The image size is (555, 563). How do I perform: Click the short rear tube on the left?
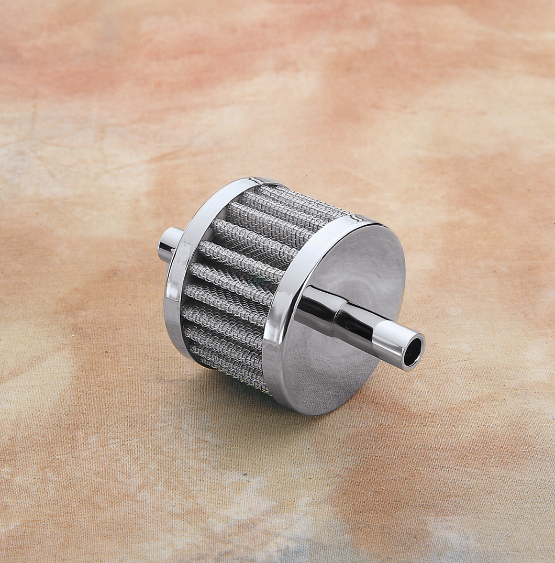click(170, 244)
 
